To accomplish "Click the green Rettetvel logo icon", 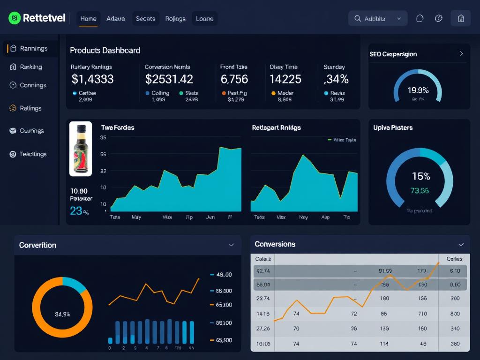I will (15, 18).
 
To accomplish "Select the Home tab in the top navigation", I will (88, 19).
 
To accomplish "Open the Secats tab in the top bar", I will (145, 19).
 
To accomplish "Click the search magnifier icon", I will (358, 19).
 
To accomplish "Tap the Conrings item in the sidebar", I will (33, 85).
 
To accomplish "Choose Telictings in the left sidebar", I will (33, 154).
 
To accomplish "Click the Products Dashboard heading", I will (105, 50).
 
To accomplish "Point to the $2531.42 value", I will (169, 79).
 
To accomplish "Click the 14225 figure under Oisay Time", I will (285, 79).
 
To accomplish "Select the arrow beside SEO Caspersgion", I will (461, 54).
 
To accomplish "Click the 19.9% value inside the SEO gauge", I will (418, 90).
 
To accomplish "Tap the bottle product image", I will (81, 149).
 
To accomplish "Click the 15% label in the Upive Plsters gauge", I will (420, 176).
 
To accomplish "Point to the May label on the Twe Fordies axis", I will (136, 217).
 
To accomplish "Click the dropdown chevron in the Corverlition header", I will (231, 245).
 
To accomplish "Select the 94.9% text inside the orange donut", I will (62, 314).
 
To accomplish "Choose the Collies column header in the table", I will (454, 259).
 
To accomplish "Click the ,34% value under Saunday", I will (336, 79).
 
